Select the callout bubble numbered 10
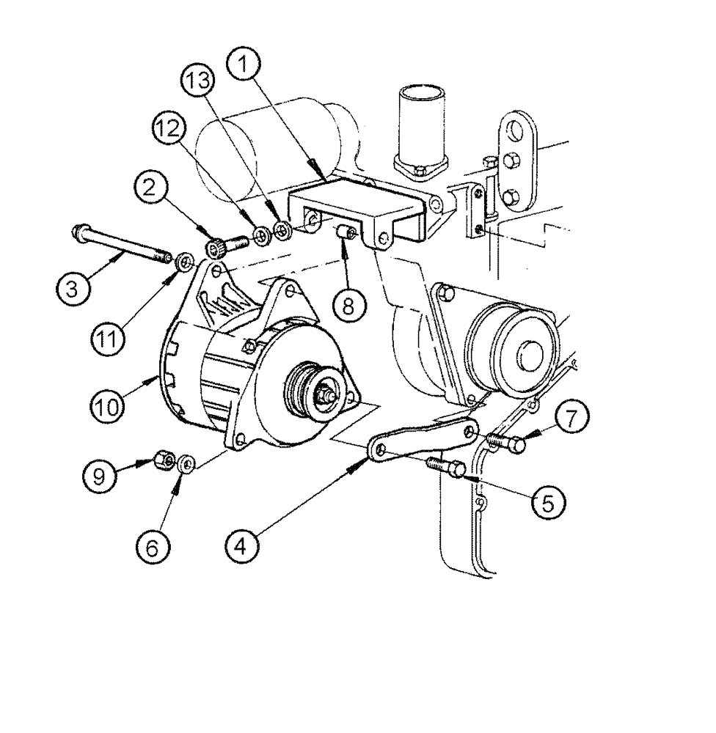(108, 402)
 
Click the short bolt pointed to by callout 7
(507, 443)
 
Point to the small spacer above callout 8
(346, 234)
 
